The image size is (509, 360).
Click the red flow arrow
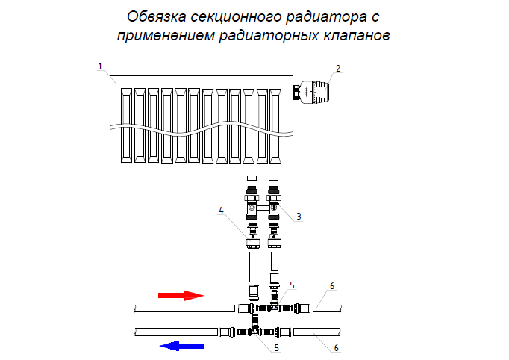click(x=181, y=295)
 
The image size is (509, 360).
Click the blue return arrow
click(x=183, y=345)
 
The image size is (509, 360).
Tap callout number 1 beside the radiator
click(x=100, y=66)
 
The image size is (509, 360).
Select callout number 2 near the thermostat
click(x=337, y=68)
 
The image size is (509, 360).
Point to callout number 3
click(x=299, y=217)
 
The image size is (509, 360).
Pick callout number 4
click(x=221, y=211)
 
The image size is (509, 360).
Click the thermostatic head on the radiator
click(x=316, y=93)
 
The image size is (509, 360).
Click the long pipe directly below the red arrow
click(x=184, y=308)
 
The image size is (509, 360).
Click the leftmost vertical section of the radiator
click(x=126, y=125)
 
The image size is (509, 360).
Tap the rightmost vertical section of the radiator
click(x=275, y=125)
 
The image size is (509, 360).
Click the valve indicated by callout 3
click(x=275, y=202)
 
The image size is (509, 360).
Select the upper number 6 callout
click(x=332, y=286)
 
